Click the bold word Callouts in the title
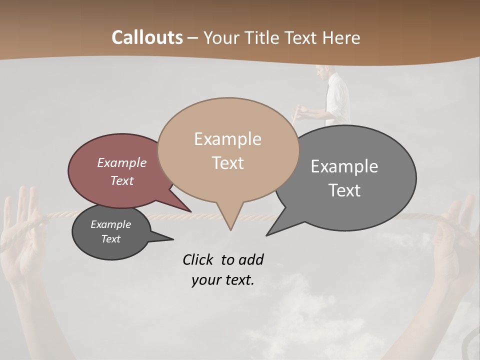[x=147, y=37]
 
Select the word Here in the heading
[x=340, y=37]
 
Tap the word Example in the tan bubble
[x=227, y=139]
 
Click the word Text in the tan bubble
[x=227, y=163]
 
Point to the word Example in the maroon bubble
[x=121, y=162]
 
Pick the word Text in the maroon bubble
[x=121, y=180]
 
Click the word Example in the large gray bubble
[x=344, y=166]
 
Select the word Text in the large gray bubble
[x=344, y=190]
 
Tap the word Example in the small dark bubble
[x=110, y=224]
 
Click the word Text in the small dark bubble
[x=110, y=239]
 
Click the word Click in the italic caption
[x=199, y=259]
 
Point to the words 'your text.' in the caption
[x=223, y=280]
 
